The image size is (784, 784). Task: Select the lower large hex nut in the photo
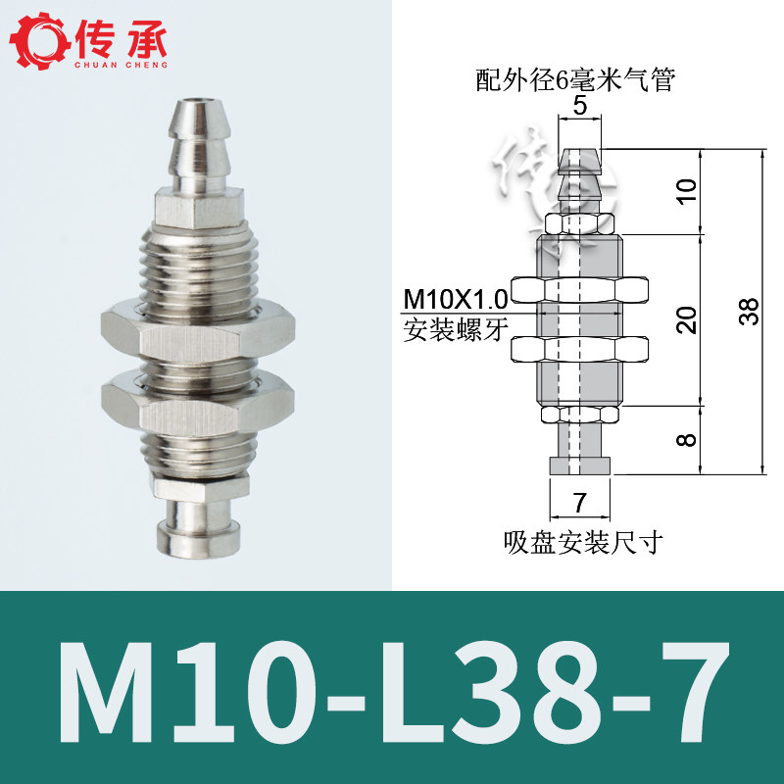point(198,404)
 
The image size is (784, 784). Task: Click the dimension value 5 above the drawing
point(579,106)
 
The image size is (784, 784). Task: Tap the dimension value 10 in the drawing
point(687,190)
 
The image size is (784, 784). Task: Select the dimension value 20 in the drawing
point(687,320)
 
